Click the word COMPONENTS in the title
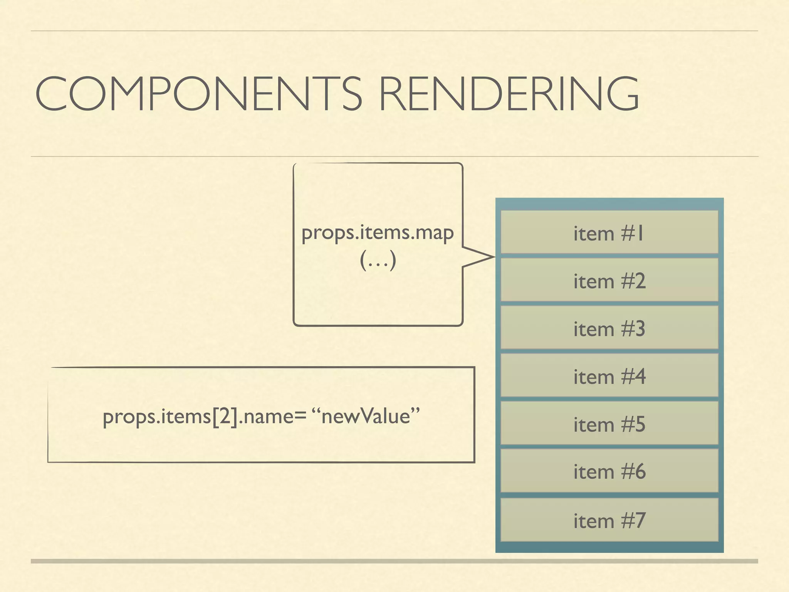click(x=198, y=94)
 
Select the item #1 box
click(x=609, y=232)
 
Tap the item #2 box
click(x=609, y=280)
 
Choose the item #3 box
click(x=609, y=328)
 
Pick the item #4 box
click(x=609, y=376)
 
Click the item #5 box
click(x=609, y=424)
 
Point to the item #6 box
click(x=609, y=471)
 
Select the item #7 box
click(x=609, y=520)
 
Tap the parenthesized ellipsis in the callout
click(x=378, y=261)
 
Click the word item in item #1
click(x=593, y=234)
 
